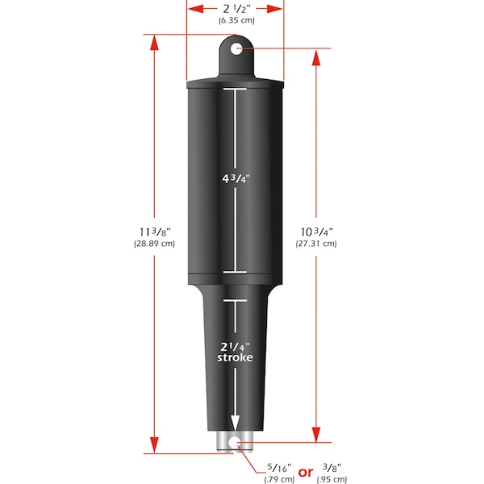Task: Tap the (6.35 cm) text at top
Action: [235, 20]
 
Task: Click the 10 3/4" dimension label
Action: [315, 231]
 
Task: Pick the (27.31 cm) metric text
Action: [315, 243]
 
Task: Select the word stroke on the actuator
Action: [235, 357]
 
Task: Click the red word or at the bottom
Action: [307, 472]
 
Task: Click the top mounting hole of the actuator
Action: [236, 50]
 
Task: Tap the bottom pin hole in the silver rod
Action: [236, 444]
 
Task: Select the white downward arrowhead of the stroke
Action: [236, 424]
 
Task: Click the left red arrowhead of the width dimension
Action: [191, 8]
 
